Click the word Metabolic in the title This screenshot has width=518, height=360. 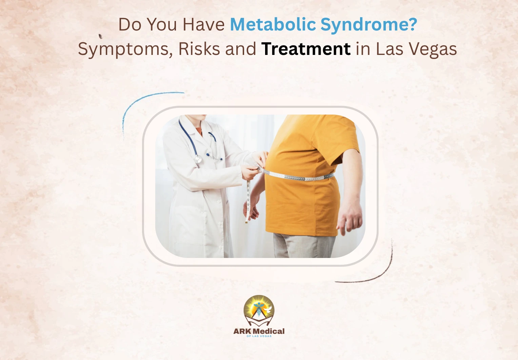273,25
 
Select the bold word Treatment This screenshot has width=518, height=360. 306,49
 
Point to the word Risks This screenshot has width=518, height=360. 199,49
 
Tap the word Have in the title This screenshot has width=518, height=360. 203,25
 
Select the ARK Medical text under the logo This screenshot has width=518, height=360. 259,331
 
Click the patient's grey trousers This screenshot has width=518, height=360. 303,246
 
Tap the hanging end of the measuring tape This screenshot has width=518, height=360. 248,203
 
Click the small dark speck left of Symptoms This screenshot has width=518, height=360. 100,36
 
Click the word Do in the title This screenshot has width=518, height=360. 130,25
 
